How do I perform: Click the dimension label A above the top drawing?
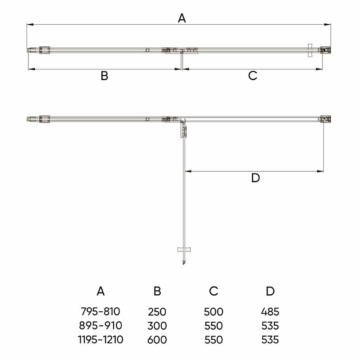coord(182,18)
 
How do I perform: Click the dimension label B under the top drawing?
coord(105,76)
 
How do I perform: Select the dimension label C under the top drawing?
coord(253,76)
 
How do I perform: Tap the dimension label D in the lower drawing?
coord(255,178)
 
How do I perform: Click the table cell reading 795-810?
coord(100,311)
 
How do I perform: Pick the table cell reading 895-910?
coord(100,325)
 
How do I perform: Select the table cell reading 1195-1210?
coord(100,340)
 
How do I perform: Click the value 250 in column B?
coord(157,312)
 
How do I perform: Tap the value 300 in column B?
coord(157,326)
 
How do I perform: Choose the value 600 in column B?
coord(157,340)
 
